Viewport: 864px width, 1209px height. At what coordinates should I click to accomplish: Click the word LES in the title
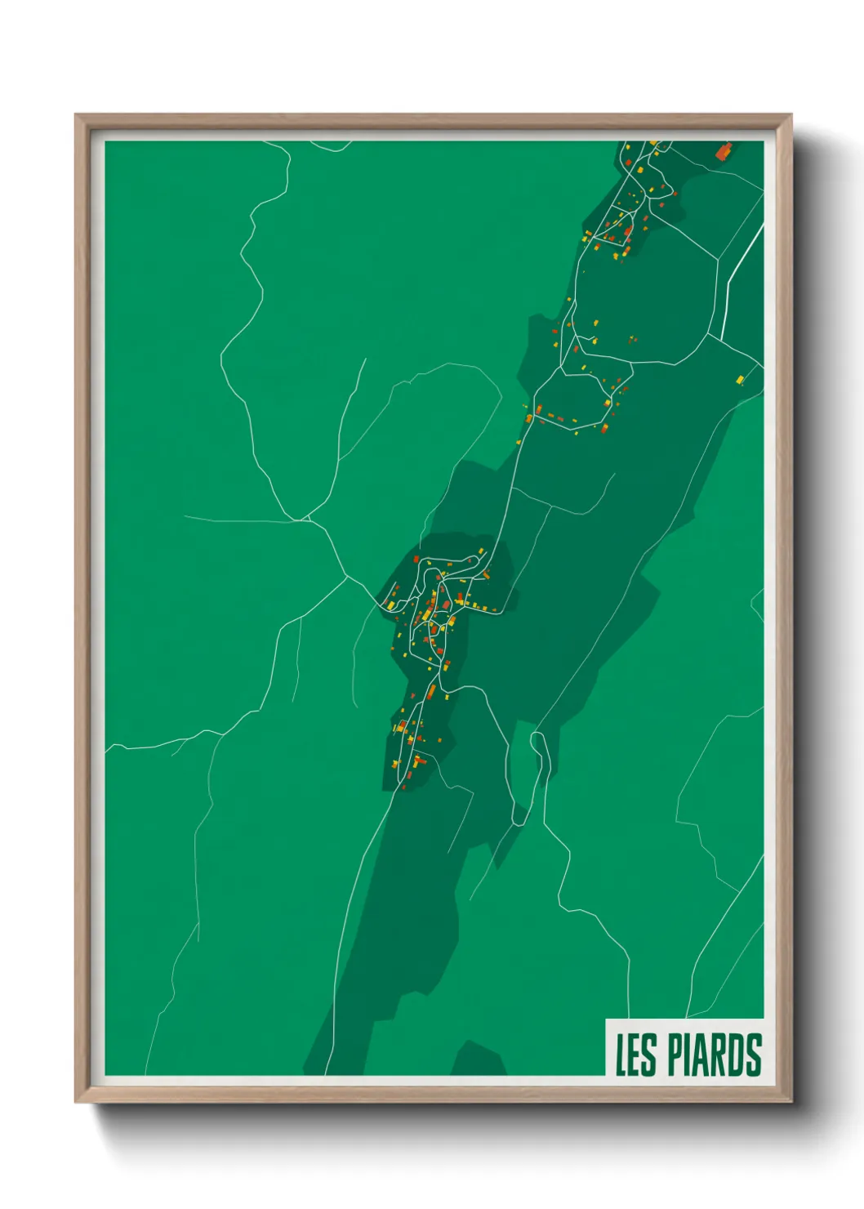click(635, 1055)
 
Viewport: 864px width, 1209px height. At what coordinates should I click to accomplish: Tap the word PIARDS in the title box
click(715, 1055)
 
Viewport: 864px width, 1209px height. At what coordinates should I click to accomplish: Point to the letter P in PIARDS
click(677, 1055)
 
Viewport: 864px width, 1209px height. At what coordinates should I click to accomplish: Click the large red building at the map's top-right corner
click(724, 151)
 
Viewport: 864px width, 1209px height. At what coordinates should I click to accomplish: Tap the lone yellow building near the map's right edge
click(740, 379)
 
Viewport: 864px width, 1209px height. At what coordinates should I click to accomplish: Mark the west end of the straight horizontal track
click(186, 516)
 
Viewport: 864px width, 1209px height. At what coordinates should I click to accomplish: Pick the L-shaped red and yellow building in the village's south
click(418, 761)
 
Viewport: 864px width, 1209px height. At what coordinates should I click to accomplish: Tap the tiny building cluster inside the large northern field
click(632, 338)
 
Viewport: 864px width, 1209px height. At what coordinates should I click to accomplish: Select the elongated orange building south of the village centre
click(430, 694)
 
